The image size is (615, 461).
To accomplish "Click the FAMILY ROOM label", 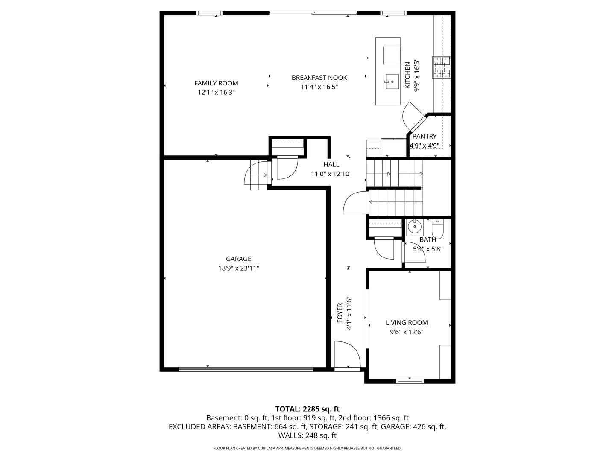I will [x=216, y=83].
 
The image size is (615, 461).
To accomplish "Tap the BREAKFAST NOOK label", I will [x=319, y=78].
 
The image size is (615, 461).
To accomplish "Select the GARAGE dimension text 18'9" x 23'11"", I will [x=238, y=268].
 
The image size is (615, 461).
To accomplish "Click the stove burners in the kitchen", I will [x=442, y=67].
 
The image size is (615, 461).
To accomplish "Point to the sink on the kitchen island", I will [x=392, y=81].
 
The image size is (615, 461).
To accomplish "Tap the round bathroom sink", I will [x=414, y=226].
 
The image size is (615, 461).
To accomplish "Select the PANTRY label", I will [x=424, y=136].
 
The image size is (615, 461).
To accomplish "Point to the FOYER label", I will [x=340, y=313].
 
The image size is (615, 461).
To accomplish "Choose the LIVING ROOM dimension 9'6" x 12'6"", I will [x=407, y=332].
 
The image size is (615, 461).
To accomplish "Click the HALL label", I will [x=331, y=164].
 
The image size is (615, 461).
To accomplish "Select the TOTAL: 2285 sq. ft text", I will [x=307, y=409].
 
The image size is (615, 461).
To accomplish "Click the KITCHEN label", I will [x=407, y=75].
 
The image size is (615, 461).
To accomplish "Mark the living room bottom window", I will [x=410, y=381].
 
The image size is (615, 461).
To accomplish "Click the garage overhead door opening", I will [x=246, y=369].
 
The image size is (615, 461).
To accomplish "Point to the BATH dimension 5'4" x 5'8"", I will [x=428, y=249].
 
